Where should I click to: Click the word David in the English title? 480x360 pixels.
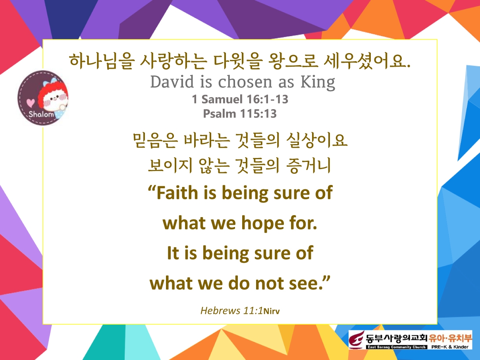172,81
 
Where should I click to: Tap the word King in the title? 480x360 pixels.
318,83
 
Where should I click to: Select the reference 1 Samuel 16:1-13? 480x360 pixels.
240,99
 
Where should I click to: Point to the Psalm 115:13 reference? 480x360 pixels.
240,114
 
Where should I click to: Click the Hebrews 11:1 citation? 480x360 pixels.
231,310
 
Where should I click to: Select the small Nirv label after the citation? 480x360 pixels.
272,311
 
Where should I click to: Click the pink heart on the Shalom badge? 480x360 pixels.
31,103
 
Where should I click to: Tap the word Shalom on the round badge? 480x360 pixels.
41,114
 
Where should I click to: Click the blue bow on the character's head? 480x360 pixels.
50,82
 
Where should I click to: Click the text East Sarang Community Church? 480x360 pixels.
397,347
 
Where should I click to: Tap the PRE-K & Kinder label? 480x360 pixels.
450,347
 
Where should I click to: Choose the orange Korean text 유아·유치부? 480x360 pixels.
451,338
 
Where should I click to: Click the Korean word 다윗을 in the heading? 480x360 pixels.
238,61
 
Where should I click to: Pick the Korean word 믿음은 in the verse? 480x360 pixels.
155,141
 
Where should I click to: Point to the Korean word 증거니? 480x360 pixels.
308,166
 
